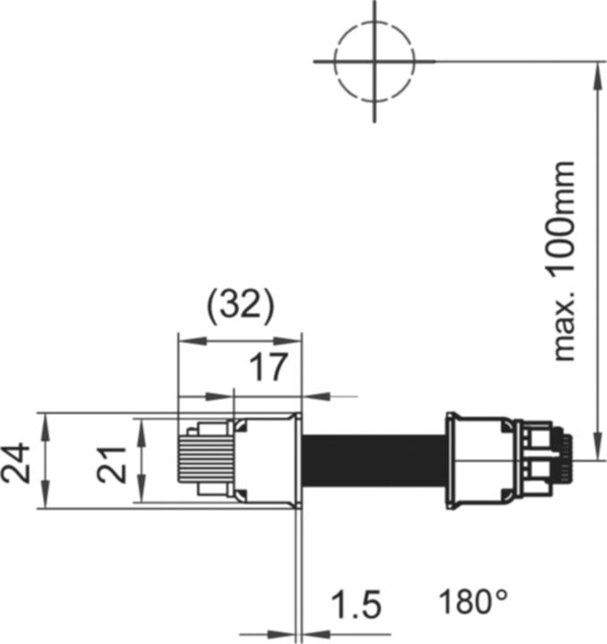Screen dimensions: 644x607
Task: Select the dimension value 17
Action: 268,367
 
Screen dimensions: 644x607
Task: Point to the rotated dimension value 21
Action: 113,462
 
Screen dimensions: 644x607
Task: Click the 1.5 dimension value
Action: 356,606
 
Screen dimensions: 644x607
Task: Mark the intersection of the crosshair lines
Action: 375,61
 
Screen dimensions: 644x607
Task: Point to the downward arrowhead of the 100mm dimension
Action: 594,452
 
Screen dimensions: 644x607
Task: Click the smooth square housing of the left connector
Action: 265,461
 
